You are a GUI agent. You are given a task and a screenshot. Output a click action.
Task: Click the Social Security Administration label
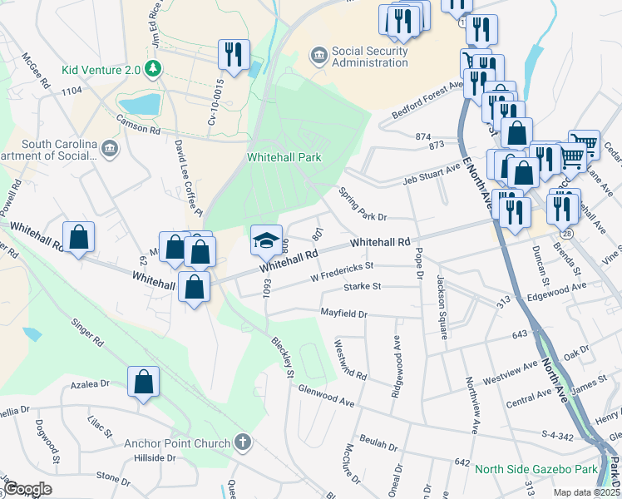[x=370, y=57]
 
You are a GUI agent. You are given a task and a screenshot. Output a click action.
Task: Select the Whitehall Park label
[x=284, y=157]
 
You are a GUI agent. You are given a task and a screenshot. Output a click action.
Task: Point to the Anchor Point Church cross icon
[x=242, y=442]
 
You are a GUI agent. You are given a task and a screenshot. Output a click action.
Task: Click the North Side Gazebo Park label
[x=536, y=470]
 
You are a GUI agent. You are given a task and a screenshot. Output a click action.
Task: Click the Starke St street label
[x=362, y=287]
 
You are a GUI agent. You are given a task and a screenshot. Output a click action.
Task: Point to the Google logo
[x=27, y=489]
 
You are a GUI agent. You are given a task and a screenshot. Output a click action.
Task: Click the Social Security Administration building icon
[x=318, y=56]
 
